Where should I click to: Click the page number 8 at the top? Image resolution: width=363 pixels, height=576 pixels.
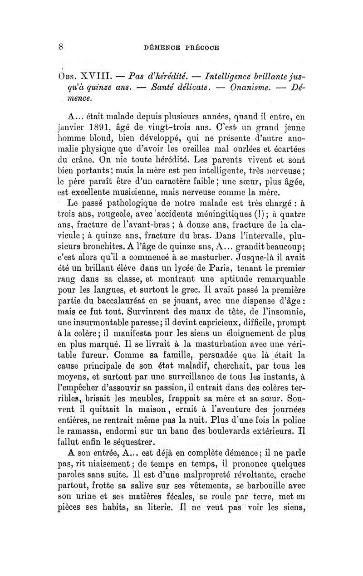coord(60,46)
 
